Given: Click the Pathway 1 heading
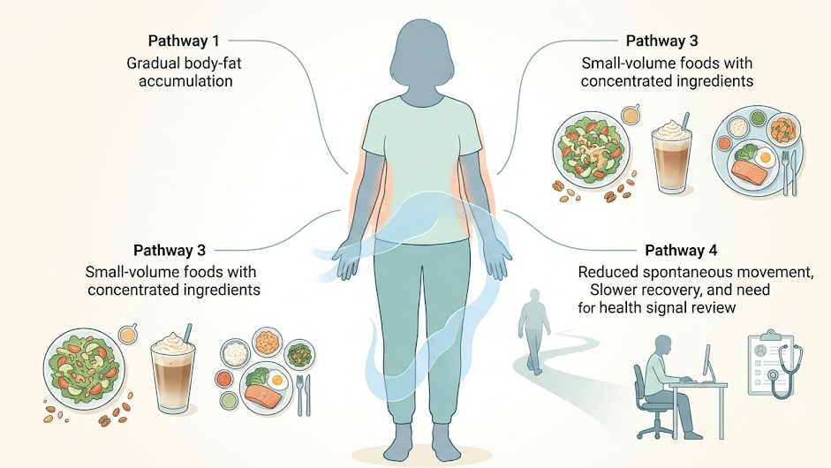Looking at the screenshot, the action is pos(184,41).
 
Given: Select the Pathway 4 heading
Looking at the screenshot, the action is pos(681,250).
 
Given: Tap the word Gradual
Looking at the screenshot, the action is pos(153,64).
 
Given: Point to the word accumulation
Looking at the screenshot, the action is pos(185,81).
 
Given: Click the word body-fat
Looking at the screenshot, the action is pos(212,64).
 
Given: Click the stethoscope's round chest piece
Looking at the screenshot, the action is pos(774,374).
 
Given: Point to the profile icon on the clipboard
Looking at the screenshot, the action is pos(761,351).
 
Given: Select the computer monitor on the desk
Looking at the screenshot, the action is pos(707,362).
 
